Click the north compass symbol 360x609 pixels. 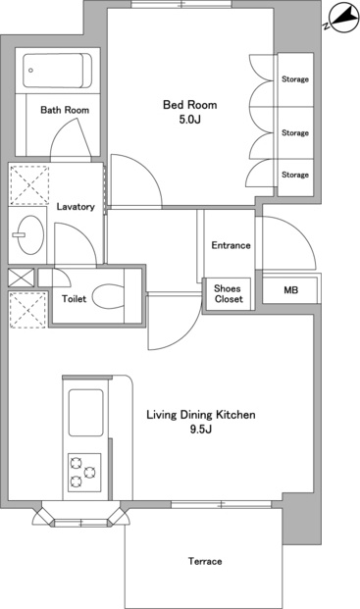tap(342, 19)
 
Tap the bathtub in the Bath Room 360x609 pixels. tap(57, 71)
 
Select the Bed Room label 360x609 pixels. tap(190, 105)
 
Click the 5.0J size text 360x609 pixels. tap(190, 120)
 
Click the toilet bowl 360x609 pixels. tap(108, 297)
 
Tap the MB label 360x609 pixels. tap(291, 289)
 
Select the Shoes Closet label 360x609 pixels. tap(229, 293)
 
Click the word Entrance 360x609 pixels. tap(231, 245)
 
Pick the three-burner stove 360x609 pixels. tap(84, 473)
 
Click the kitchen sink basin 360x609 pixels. tap(85, 413)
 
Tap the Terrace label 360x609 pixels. tap(205, 561)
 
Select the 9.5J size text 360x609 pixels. tap(201, 430)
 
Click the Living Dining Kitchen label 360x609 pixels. tap(201, 415)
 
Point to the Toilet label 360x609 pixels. tap(74, 299)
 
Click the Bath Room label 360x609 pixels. tap(65, 110)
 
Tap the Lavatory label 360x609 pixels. tap(76, 207)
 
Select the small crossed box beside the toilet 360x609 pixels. tap(22, 278)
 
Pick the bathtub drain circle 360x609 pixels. tap(30, 71)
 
